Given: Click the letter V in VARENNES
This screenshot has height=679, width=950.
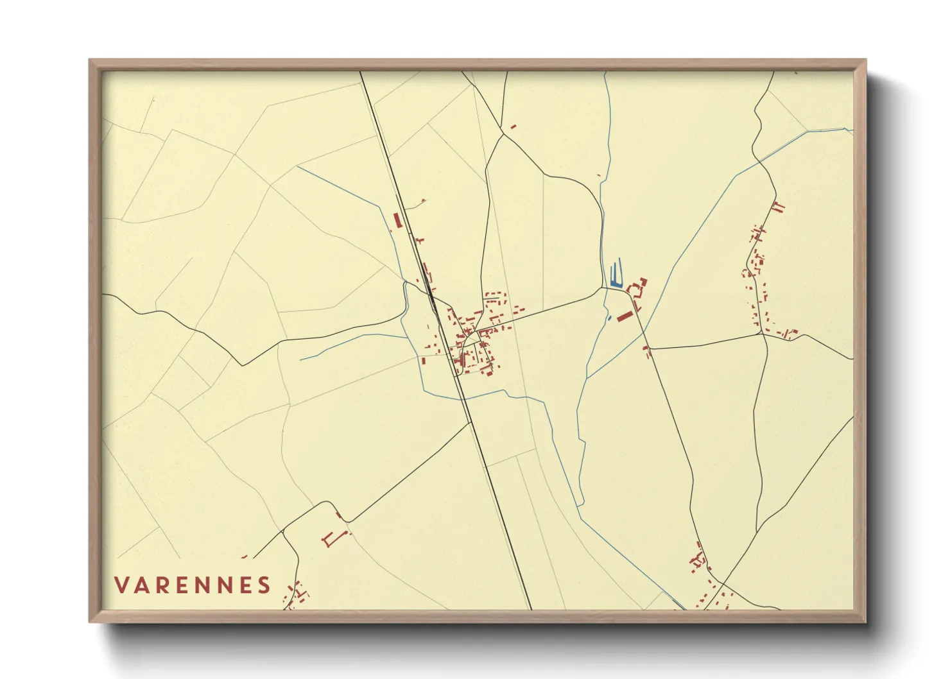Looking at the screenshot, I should coord(123,585).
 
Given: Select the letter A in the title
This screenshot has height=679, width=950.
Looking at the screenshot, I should coord(142,585).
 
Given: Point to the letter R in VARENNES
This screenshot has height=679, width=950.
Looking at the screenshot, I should coord(161,585).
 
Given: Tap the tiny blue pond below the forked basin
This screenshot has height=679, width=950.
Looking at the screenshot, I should coord(609,318).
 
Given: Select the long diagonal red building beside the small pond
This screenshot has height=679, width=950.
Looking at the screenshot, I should coord(624,316).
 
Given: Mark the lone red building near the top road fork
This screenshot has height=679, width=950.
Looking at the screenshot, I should coord(513,127).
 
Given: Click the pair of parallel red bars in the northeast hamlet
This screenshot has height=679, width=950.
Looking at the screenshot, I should coord(777,207).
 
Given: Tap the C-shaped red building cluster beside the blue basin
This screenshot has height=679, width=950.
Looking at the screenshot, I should coord(638,289).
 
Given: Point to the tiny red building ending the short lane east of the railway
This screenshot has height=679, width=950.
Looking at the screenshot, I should coord(423,201).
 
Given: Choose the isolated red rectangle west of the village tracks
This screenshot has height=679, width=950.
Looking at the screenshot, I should coord(423,361).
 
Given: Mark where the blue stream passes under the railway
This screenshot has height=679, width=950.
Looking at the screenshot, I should coord(461,399).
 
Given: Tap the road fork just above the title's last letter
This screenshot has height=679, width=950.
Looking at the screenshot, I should coord(282,531).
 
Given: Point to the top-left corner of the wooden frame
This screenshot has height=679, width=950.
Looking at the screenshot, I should coord(89,60).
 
